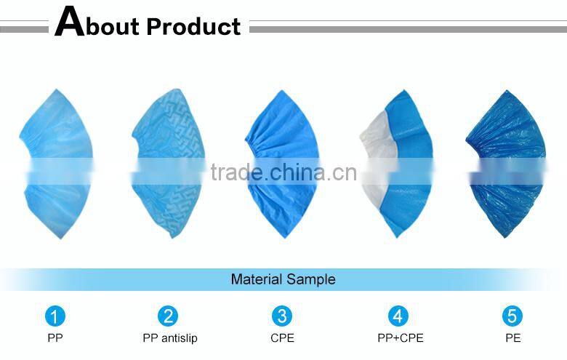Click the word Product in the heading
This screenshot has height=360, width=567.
(193, 26)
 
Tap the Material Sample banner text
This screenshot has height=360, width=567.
(283, 279)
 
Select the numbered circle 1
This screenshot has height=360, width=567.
(55, 316)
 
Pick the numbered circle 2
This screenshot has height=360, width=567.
(169, 316)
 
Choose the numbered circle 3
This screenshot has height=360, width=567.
(282, 316)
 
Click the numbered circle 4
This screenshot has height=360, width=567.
(398, 316)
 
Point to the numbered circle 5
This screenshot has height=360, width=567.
(512, 316)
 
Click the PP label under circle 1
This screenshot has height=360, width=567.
(55, 337)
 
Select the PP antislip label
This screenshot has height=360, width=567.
(169, 337)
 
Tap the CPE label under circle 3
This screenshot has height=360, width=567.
(282, 337)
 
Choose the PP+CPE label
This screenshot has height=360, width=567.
(398, 337)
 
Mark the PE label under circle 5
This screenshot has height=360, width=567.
(512, 337)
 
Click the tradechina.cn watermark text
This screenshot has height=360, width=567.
(283, 173)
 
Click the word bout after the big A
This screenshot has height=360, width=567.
(113, 27)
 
